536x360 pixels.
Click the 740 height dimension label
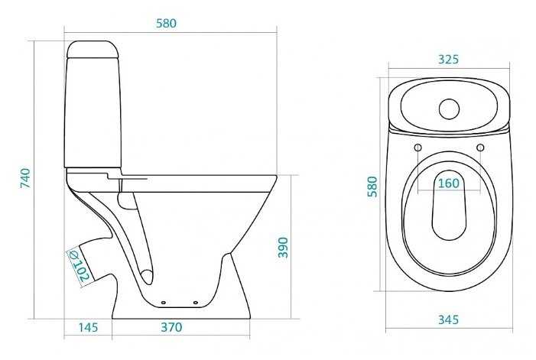(26, 177)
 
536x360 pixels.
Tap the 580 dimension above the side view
(167, 23)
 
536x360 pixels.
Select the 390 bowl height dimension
(283, 248)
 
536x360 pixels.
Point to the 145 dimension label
(88, 327)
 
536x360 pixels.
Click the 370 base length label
(171, 327)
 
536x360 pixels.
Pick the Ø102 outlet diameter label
(79, 266)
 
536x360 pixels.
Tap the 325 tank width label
(448, 60)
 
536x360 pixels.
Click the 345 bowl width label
(449, 319)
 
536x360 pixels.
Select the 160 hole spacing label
(449, 183)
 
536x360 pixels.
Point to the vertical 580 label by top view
(372, 186)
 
